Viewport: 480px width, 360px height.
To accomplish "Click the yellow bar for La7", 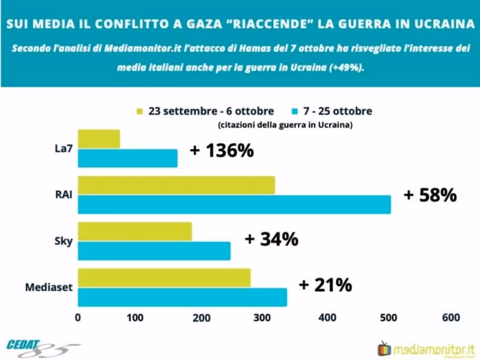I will tap(99, 139).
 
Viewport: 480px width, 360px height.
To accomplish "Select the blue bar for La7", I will tap(128, 159).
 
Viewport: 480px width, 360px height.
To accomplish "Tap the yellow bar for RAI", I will tap(177, 186).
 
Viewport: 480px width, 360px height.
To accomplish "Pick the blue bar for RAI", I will tap(234, 205).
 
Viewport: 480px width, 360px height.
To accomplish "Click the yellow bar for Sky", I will tap(134, 232).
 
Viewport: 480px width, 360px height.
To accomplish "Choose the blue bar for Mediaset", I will tap(182, 297).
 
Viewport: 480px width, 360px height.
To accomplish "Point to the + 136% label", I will tap(221, 150).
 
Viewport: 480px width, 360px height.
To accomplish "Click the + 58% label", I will tap(430, 195).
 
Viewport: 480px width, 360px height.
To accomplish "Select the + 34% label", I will tap(271, 239).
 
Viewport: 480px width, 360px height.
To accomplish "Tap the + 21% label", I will tap(325, 285).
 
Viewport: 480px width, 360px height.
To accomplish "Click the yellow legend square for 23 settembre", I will tap(141, 112).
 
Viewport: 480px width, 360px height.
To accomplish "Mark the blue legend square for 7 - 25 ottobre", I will tap(293, 112).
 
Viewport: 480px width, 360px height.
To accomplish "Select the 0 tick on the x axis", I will tap(78, 318).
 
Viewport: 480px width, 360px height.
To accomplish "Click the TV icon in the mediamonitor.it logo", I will tap(385, 347).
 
